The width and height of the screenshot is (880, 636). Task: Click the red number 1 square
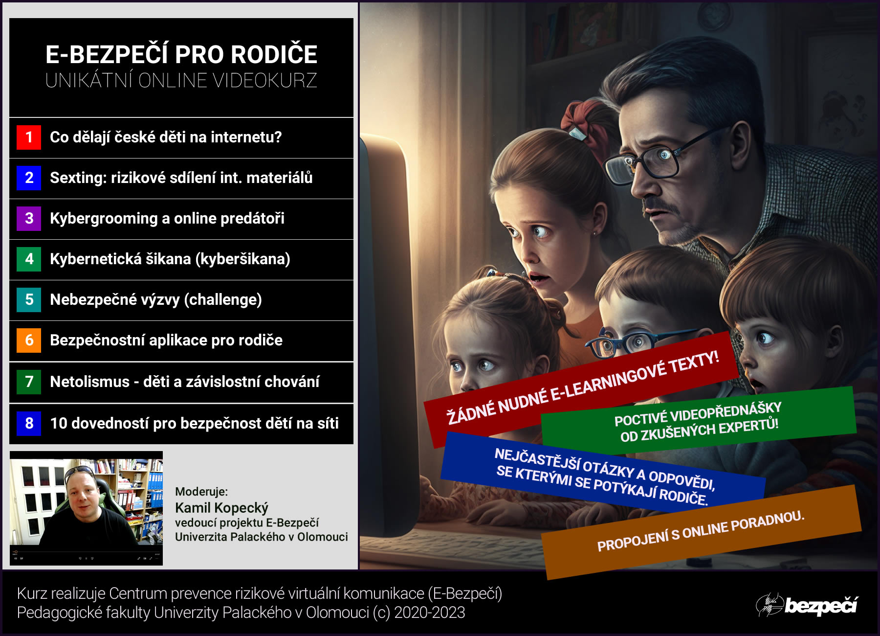pyautogui.click(x=29, y=137)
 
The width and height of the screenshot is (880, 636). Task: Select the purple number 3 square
pyautogui.click(x=29, y=218)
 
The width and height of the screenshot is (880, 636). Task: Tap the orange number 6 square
pyautogui.click(x=29, y=340)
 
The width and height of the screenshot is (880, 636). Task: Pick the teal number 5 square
pyautogui.click(x=29, y=299)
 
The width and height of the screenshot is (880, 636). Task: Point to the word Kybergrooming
pyautogui.click(x=104, y=219)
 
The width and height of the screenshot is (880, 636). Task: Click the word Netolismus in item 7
pyautogui.click(x=89, y=382)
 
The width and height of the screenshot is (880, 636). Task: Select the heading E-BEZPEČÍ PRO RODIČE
pyautogui.click(x=181, y=54)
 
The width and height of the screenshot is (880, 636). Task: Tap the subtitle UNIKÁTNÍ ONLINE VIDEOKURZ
pyautogui.click(x=181, y=81)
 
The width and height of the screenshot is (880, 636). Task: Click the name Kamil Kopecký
pyautogui.click(x=221, y=508)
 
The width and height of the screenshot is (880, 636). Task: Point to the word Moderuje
pyautogui.click(x=201, y=492)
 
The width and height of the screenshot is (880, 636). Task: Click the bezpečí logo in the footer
pyautogui.click(x=807, y=605)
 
